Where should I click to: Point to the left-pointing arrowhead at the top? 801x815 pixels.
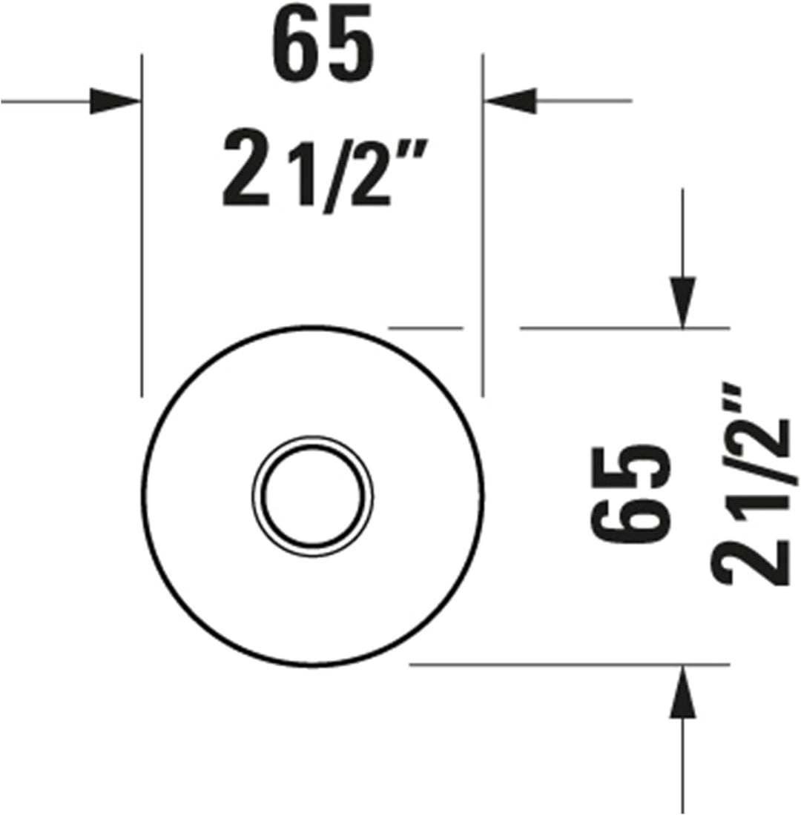pyautogui.click(x=510, y=100)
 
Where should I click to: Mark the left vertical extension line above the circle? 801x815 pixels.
pyautogui.click(x=141, y=222)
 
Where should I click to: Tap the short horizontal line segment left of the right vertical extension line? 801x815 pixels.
pyautogui.click(x=426, y=327)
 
